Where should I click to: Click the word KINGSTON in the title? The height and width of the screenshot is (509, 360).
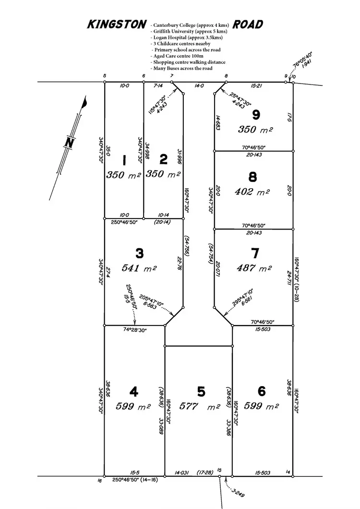coord(116,25)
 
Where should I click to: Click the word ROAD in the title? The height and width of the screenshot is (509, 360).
coord(248,25)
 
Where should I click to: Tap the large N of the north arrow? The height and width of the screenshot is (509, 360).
coord(70,142)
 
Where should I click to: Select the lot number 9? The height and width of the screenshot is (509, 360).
coord(255,115)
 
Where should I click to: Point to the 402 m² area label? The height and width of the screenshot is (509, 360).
coord(253,192)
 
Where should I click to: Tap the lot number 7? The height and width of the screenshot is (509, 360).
coord(254,253)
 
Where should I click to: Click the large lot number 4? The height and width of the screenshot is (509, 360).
coord(134,392)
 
